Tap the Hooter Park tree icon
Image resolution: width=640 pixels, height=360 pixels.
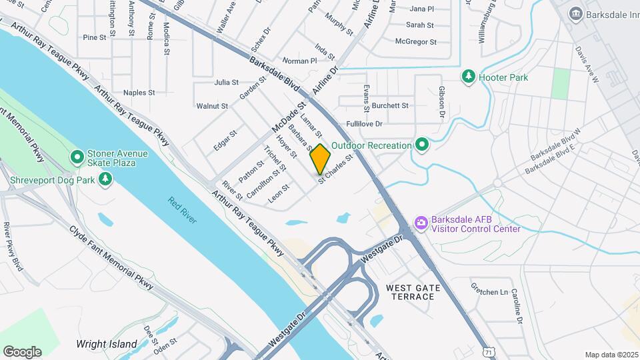tap(469, 77)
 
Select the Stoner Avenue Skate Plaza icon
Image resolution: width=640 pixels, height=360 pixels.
tap(77, 158)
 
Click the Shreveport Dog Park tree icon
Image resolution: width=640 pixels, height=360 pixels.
tap(105, 179)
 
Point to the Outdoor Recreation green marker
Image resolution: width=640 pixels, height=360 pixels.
tap(421, 145)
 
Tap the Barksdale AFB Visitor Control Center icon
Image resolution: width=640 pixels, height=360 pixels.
tap(421, 223)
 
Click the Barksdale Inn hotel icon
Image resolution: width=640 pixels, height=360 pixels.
tap(575, 13)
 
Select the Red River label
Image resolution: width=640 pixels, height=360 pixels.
tap(182, 210)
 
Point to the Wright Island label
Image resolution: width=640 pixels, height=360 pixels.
tap(107, 345)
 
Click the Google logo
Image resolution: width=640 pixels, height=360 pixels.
tap(22, 351)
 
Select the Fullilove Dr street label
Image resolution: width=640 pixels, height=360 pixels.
tap(364, 124)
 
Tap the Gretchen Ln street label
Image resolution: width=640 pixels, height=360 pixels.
tap(489, 292)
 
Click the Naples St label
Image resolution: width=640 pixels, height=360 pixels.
tap(139, 93)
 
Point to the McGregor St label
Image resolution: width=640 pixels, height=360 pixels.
tap(415, 41)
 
